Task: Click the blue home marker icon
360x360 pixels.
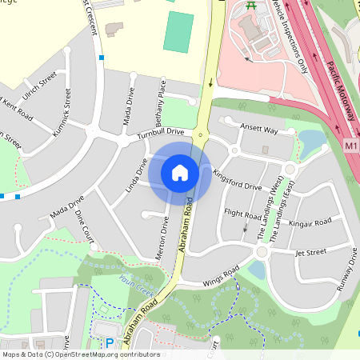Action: (x=180, y=172)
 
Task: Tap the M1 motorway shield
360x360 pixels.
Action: (x=352, y=146)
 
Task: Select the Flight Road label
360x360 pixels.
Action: (x=243, y=214)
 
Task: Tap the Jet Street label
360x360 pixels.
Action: (x=311, y=252)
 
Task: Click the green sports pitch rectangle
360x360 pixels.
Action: (x=179, y=32)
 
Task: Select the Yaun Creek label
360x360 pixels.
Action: (x=135, y=282)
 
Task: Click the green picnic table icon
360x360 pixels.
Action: (x=251, y=6)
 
